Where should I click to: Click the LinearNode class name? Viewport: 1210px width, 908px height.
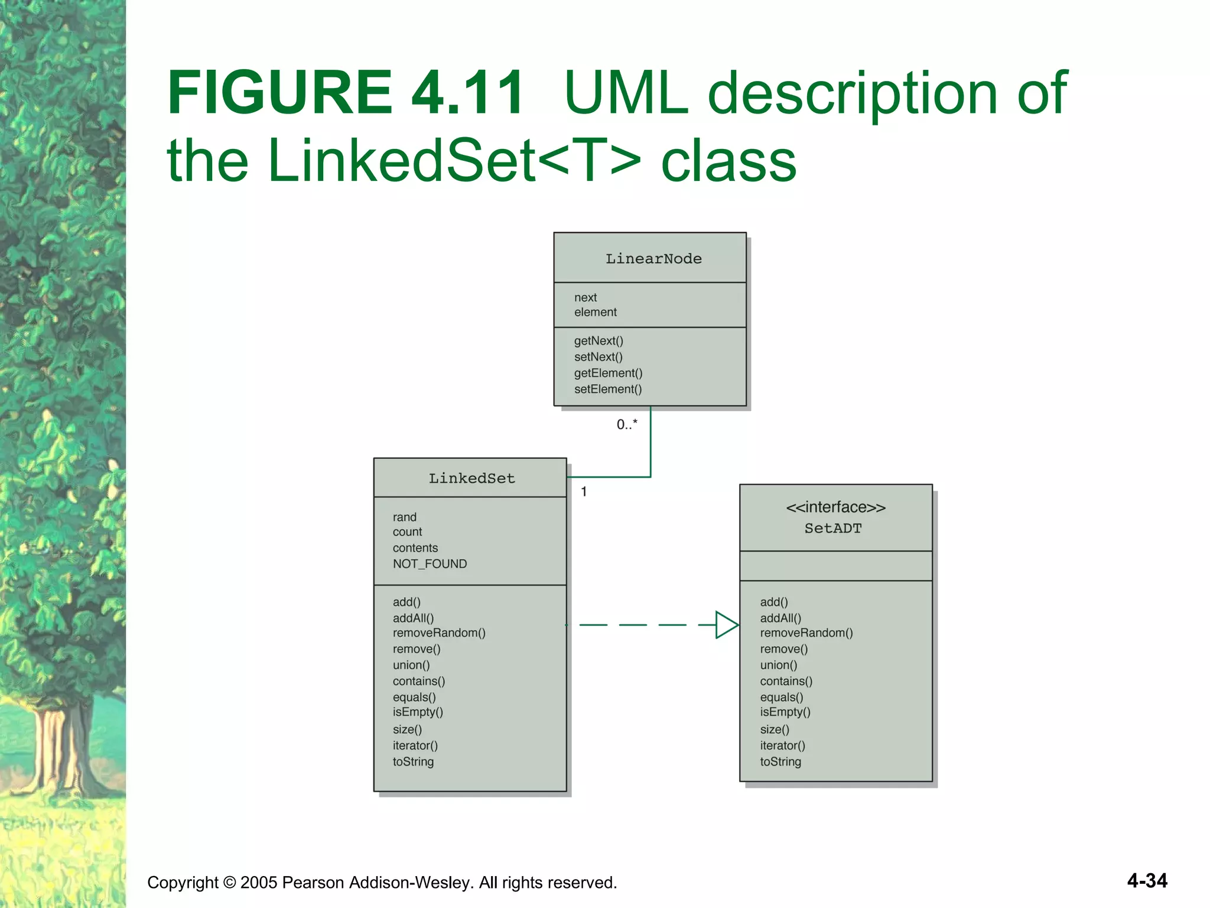point(653,259)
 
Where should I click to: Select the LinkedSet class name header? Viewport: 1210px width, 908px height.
point(471,478)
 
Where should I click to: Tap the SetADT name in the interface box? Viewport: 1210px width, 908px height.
point(833,528)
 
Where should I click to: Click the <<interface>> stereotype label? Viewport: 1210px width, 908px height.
point(835,507)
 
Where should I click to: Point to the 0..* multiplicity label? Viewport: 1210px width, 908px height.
point(627,424)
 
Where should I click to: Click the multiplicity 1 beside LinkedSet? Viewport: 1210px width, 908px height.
point(584,492)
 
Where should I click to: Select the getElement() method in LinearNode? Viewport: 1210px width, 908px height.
point(608,373)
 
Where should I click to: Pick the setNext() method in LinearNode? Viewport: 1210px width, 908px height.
point(598,357)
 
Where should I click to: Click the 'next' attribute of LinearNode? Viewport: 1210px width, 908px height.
point(586,297)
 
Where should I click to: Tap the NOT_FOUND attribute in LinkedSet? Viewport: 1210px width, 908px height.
point(430,564)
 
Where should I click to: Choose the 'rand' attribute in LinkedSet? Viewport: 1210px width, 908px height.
point(405,517)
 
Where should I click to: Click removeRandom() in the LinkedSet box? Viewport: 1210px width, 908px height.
point(439,633)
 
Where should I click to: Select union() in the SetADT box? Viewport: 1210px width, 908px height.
point(779,665)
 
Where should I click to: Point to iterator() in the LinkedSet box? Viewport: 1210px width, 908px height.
point(415,746)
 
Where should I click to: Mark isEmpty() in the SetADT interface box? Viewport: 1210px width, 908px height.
point(785,712)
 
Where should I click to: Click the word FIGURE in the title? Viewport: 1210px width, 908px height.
point(280,93)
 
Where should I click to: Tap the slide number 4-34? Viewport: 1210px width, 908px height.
point(1147,881)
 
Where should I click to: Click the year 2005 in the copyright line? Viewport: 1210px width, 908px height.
point(259,883)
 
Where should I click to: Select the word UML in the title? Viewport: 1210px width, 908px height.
point(626,93)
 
